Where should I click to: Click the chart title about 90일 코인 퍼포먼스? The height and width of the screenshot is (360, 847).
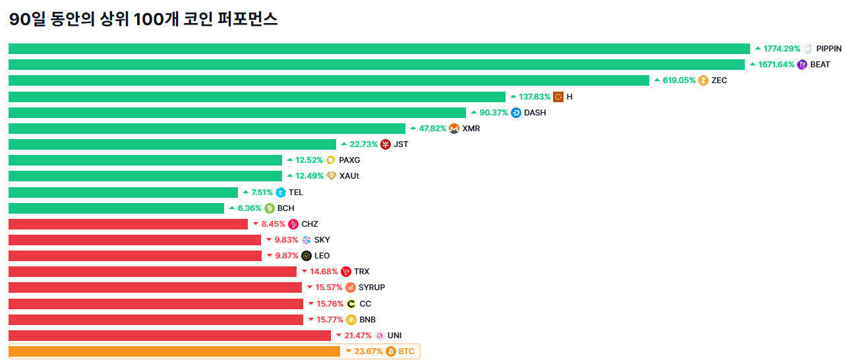143,20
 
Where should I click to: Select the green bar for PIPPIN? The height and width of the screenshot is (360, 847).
379,49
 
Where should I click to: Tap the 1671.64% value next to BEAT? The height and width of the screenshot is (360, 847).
776,65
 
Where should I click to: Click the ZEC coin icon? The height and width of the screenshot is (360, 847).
703,80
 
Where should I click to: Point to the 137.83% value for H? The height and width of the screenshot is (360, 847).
535,97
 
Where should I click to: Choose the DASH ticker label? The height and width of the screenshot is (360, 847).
535,113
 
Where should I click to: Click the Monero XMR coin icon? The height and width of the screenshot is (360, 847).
454,129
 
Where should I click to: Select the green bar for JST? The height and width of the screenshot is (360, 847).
172,144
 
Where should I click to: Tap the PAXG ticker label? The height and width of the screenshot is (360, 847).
349,160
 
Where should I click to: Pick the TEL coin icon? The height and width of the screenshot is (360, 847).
281,193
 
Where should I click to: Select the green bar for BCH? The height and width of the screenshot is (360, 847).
116,208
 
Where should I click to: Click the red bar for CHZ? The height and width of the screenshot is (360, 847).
128,224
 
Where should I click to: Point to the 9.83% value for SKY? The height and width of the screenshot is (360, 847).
286,240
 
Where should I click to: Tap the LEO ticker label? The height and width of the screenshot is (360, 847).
322,256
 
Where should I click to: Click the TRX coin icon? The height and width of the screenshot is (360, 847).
346,272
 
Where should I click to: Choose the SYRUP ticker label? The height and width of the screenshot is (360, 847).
372,287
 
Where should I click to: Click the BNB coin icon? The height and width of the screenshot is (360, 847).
351,320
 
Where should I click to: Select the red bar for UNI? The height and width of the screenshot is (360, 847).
169,336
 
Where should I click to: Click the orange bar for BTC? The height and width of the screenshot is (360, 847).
174,351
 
